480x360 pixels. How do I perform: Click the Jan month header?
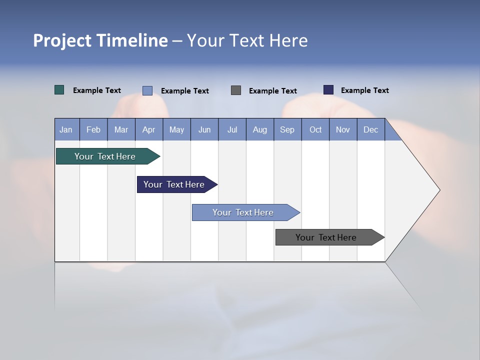click(66, 129)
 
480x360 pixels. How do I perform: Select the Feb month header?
click(93, 129)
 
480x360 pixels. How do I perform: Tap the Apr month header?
click(148, 129)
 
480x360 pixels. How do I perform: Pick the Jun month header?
click(204, 129)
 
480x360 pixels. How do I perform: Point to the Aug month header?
click(259, 129)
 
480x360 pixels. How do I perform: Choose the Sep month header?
click(287, 129)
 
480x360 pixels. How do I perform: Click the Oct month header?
click(315, 129)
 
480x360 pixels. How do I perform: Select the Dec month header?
click(370, 129)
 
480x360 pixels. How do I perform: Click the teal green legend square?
click(59, 90)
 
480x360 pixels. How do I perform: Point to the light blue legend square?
click(147, 90)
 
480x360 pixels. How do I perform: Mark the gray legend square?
click(236, 90)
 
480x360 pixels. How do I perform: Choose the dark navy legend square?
click(328, 90)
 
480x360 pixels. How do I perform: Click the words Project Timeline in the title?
click(100, 40)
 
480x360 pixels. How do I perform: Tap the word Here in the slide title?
click(288, 40)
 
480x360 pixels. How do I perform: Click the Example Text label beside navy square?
click(364, 90)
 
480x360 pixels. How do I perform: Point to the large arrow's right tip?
click(438, 190)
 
